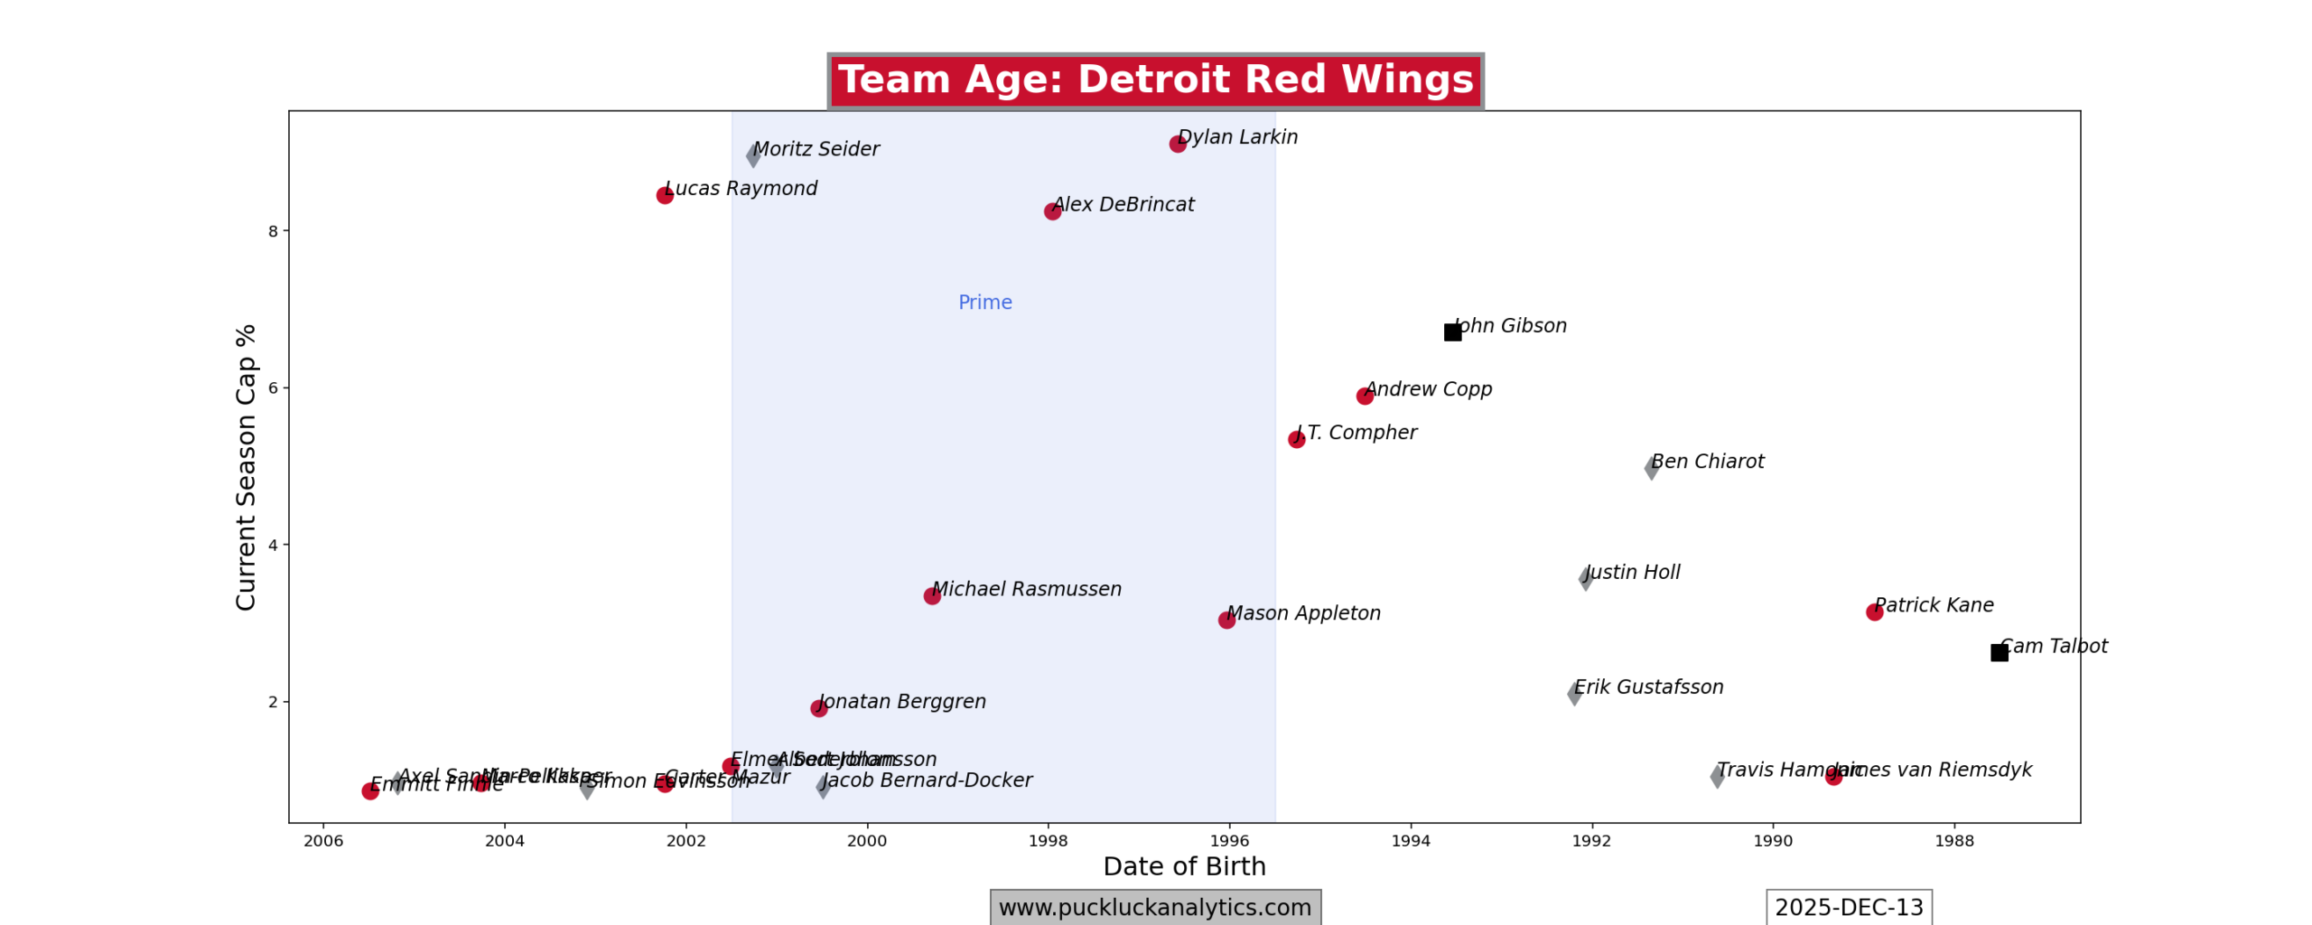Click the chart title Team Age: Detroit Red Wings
click(1155, 79)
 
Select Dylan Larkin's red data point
click(1178, 144)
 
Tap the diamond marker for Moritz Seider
click(753, 155)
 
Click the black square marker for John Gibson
click(1452, 332)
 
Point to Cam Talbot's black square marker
click(2000, 652)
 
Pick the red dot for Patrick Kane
click(1874, 612)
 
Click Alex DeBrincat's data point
click(1052, 211)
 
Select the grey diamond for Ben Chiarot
click(1651, 468)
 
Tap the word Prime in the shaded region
click(984, 303)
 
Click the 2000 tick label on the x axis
click(867, 841)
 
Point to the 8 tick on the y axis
click(273, 231)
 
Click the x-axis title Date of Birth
click(1184, 866)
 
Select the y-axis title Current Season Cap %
click(246, 467)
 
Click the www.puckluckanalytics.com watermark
click(1155, 907)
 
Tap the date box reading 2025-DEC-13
click(1849, 907)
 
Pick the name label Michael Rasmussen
click(1027, 589)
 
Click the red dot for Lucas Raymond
click(665, 195)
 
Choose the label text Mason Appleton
click(1303, 613)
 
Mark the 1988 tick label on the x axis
click(1954, 841)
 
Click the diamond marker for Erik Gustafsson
click(1574, 694)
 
